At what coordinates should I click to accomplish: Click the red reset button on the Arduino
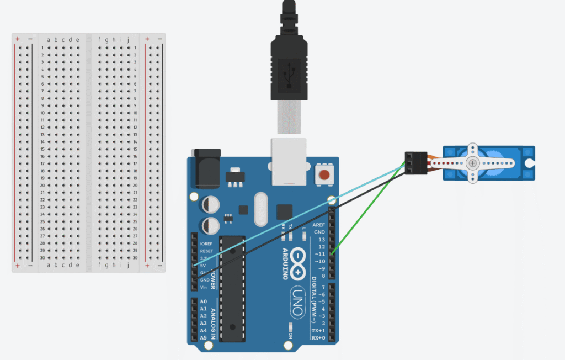coord(325,176)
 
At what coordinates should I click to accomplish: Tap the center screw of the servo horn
coord(473,163)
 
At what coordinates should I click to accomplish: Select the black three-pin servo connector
coord(415,163)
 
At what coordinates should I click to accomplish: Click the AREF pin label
coord(318,225)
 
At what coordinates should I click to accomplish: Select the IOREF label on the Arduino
coord(206,243)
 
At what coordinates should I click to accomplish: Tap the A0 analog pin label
coord(204,301)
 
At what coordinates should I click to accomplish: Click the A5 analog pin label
coord(204,337)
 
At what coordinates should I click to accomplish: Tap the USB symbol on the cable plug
coord(288,76)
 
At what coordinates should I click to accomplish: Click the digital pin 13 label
coord(321,239)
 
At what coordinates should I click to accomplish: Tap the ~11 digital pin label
coord(319,253)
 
